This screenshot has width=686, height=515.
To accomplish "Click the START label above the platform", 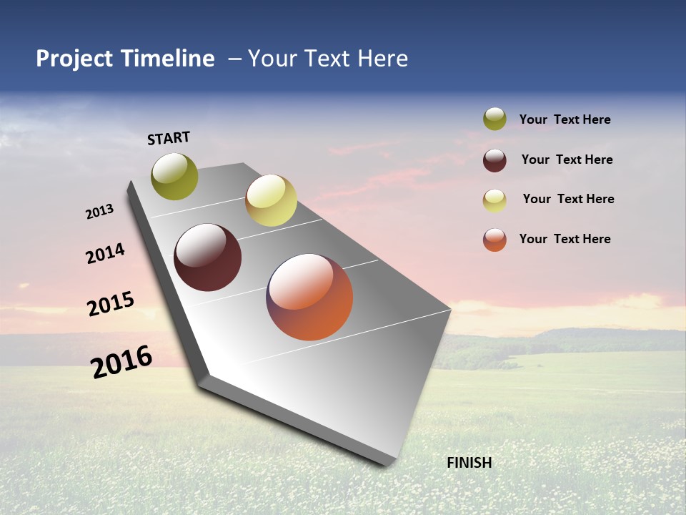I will (x=169, y=138).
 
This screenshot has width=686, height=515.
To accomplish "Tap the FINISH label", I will (x=469, y=463).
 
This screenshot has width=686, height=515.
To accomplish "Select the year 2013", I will (x=99, y=212).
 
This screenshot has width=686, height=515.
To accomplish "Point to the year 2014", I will (x=105, y=254).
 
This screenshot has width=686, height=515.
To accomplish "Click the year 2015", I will (x=111, y=304).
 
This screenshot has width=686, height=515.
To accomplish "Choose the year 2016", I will (x=121, y=362).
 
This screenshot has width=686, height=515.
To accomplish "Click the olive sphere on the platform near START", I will (x=174, y=176).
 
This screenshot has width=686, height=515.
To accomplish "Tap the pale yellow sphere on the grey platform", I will (x=271, y=200).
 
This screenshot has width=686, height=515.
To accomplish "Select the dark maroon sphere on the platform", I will (x=208, y=257).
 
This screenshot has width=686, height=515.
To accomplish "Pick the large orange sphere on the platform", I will (x=309, y=297).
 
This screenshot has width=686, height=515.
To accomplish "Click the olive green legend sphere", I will (x=494, y=119).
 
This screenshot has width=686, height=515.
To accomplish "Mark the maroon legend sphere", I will (x=494, y=160).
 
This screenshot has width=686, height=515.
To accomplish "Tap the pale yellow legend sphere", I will (x=494, y=200).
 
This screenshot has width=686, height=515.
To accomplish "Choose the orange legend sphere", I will (x=494, y=240).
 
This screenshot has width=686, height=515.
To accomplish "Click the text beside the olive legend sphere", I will (x=565, y=120).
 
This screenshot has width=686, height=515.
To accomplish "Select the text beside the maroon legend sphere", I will (x=567, y=160).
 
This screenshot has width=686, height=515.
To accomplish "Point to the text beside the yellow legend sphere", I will (x=568, y=199).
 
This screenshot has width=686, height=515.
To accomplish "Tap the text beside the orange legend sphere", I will (x=565, y=239).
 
